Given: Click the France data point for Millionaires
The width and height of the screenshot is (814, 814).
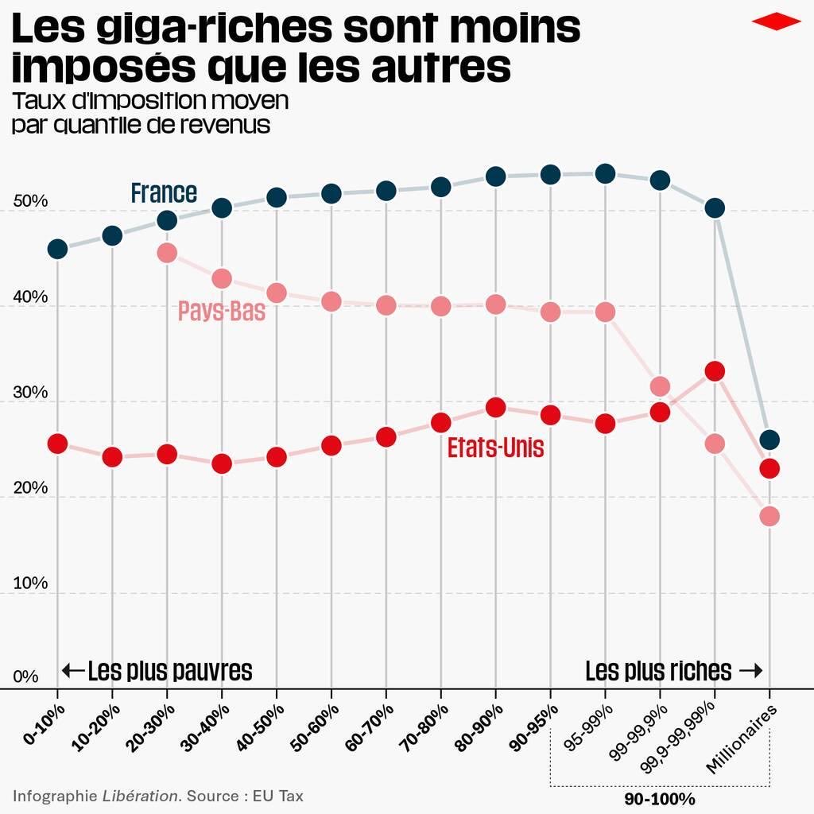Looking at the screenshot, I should (769, 440).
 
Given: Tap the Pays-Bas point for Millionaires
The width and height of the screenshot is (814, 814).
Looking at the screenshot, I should (769, 517).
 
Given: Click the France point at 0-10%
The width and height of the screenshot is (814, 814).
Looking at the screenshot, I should (57, 249).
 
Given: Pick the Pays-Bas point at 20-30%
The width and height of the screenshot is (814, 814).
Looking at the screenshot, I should (167, 253).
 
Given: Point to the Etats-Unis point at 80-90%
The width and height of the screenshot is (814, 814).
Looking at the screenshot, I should (495, 408).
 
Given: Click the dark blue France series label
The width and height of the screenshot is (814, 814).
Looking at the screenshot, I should (164, 193).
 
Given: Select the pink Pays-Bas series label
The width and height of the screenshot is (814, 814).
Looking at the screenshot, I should (221, 311).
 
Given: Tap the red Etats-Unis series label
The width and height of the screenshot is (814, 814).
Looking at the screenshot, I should (495, 448).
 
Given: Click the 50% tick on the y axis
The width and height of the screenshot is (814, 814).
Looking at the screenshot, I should (30, 202).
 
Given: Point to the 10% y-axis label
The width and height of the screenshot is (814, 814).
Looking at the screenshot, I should (30, 583).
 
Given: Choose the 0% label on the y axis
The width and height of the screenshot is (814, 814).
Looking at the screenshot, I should (25, 677).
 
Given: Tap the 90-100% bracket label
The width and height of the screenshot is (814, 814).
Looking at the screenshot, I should (659, 798).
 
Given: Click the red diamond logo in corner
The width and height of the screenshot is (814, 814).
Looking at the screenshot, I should (776, 21).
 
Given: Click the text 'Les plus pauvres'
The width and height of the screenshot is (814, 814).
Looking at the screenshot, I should (169, 671).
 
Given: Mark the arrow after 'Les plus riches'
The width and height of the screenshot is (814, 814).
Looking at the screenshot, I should (750, 671).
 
